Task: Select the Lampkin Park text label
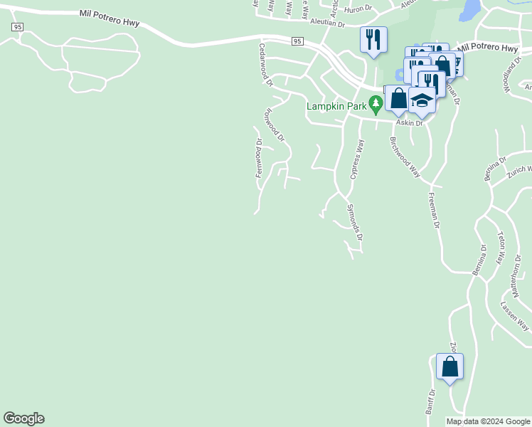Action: (x=336, y=106)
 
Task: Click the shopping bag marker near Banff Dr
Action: (x=449, y=367)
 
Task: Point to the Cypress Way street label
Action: (x=357, y=159)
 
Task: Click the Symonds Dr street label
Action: (x=355, y=222)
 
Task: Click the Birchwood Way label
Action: (x=405, y=154)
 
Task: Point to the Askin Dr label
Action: (x=410, y=123)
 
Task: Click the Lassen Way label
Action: (x=514, y=315)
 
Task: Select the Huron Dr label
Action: (x=358, y=9)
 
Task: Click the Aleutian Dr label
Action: (x=326, y=23)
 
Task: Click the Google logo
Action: (x=23, y=418)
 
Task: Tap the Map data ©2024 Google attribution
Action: (x=488, y=421)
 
